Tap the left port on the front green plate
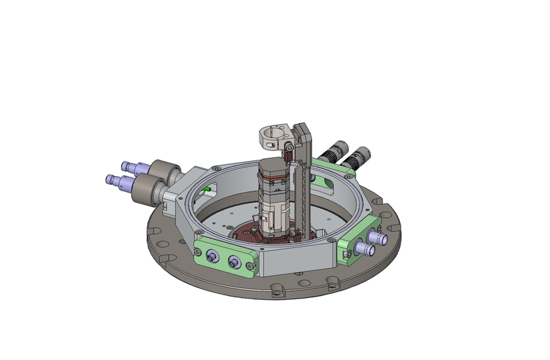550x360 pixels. (211, 257)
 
